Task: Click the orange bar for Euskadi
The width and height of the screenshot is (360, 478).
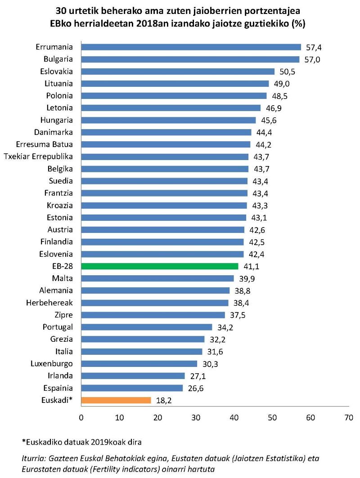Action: [116, 400]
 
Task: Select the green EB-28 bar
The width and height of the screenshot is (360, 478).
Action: [160, 266]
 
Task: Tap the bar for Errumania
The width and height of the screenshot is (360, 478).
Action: [191, 47]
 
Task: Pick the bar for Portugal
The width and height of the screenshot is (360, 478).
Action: [146, 327]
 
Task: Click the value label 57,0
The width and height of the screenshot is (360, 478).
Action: [311, 59]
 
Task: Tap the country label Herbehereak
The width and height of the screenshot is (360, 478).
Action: [49, 303]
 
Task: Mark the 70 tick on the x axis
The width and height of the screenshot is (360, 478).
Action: [348, 418]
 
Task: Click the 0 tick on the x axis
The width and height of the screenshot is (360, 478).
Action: [81, 418]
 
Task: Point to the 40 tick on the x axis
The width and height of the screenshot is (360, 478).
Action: [234, 418]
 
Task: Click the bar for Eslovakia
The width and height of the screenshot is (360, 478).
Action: [178, 71]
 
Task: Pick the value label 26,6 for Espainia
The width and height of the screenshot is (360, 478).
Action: [195, 388]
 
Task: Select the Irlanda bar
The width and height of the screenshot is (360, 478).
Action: [133, 375]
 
